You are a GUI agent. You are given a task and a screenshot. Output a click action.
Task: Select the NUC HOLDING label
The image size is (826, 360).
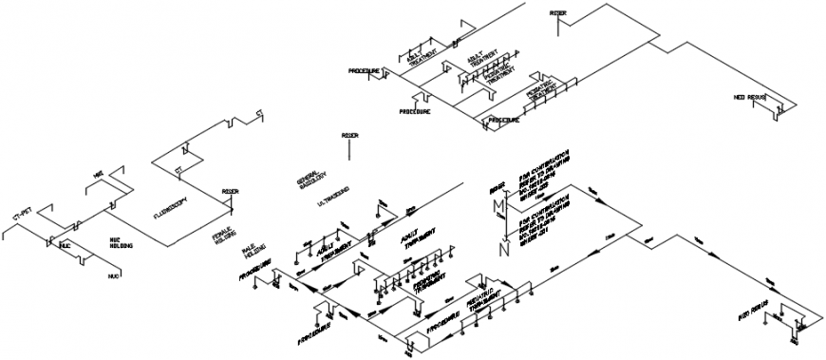pos(120,242)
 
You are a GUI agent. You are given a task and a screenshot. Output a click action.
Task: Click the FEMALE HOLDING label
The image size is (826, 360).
pos(224,235)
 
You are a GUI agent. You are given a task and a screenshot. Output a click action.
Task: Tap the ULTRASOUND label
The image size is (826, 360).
pos(333,197)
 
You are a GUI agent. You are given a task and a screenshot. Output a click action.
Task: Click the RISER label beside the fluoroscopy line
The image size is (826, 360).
pos(230,191)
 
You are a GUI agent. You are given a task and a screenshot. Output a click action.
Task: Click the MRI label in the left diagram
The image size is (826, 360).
pos(98,174)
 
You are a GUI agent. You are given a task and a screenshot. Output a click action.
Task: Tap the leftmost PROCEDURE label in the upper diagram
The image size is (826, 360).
pos(364,71)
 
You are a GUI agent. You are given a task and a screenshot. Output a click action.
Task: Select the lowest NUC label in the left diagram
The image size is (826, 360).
pos(113,275)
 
